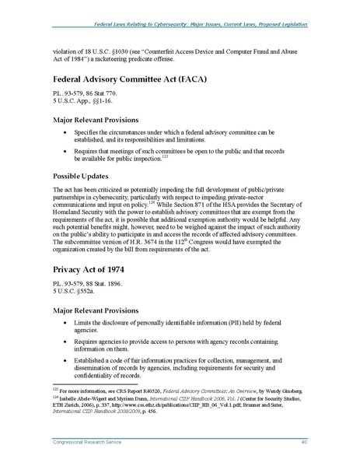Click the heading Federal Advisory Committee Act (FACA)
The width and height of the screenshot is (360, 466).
[x=130, y=80]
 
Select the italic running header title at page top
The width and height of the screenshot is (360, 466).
[x=198, y=26]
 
